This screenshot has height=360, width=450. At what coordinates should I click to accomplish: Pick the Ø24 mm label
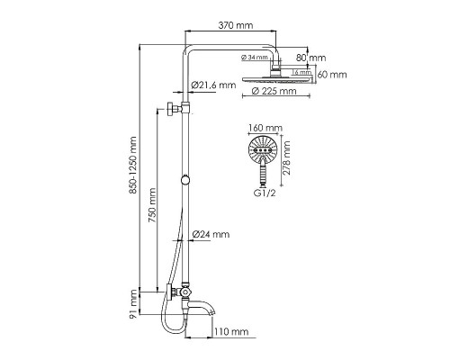click(212, 234)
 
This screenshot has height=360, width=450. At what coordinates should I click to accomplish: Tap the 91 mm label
click(135, 304)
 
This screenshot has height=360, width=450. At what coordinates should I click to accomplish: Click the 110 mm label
click(231, 332)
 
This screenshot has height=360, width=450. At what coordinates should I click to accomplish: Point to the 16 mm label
click(303, 72)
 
